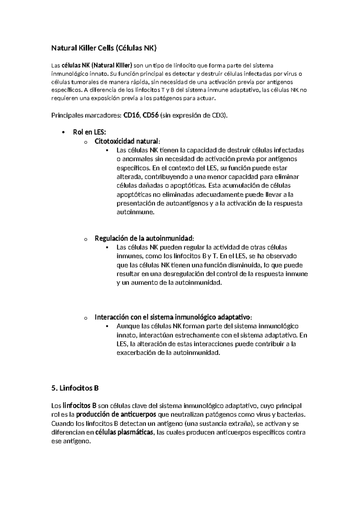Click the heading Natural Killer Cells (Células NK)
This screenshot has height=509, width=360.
[104, 48]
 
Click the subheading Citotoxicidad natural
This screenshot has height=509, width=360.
[127, 141]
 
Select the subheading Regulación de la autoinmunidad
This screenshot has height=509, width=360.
[144, 239]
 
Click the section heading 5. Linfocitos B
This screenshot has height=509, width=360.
[75, 388]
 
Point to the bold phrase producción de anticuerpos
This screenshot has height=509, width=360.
[116, 415]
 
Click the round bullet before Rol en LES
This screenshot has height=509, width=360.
[63, 133]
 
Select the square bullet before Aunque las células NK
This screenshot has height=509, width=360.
[107, 326]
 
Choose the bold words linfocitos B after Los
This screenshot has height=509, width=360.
[79, 406]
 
